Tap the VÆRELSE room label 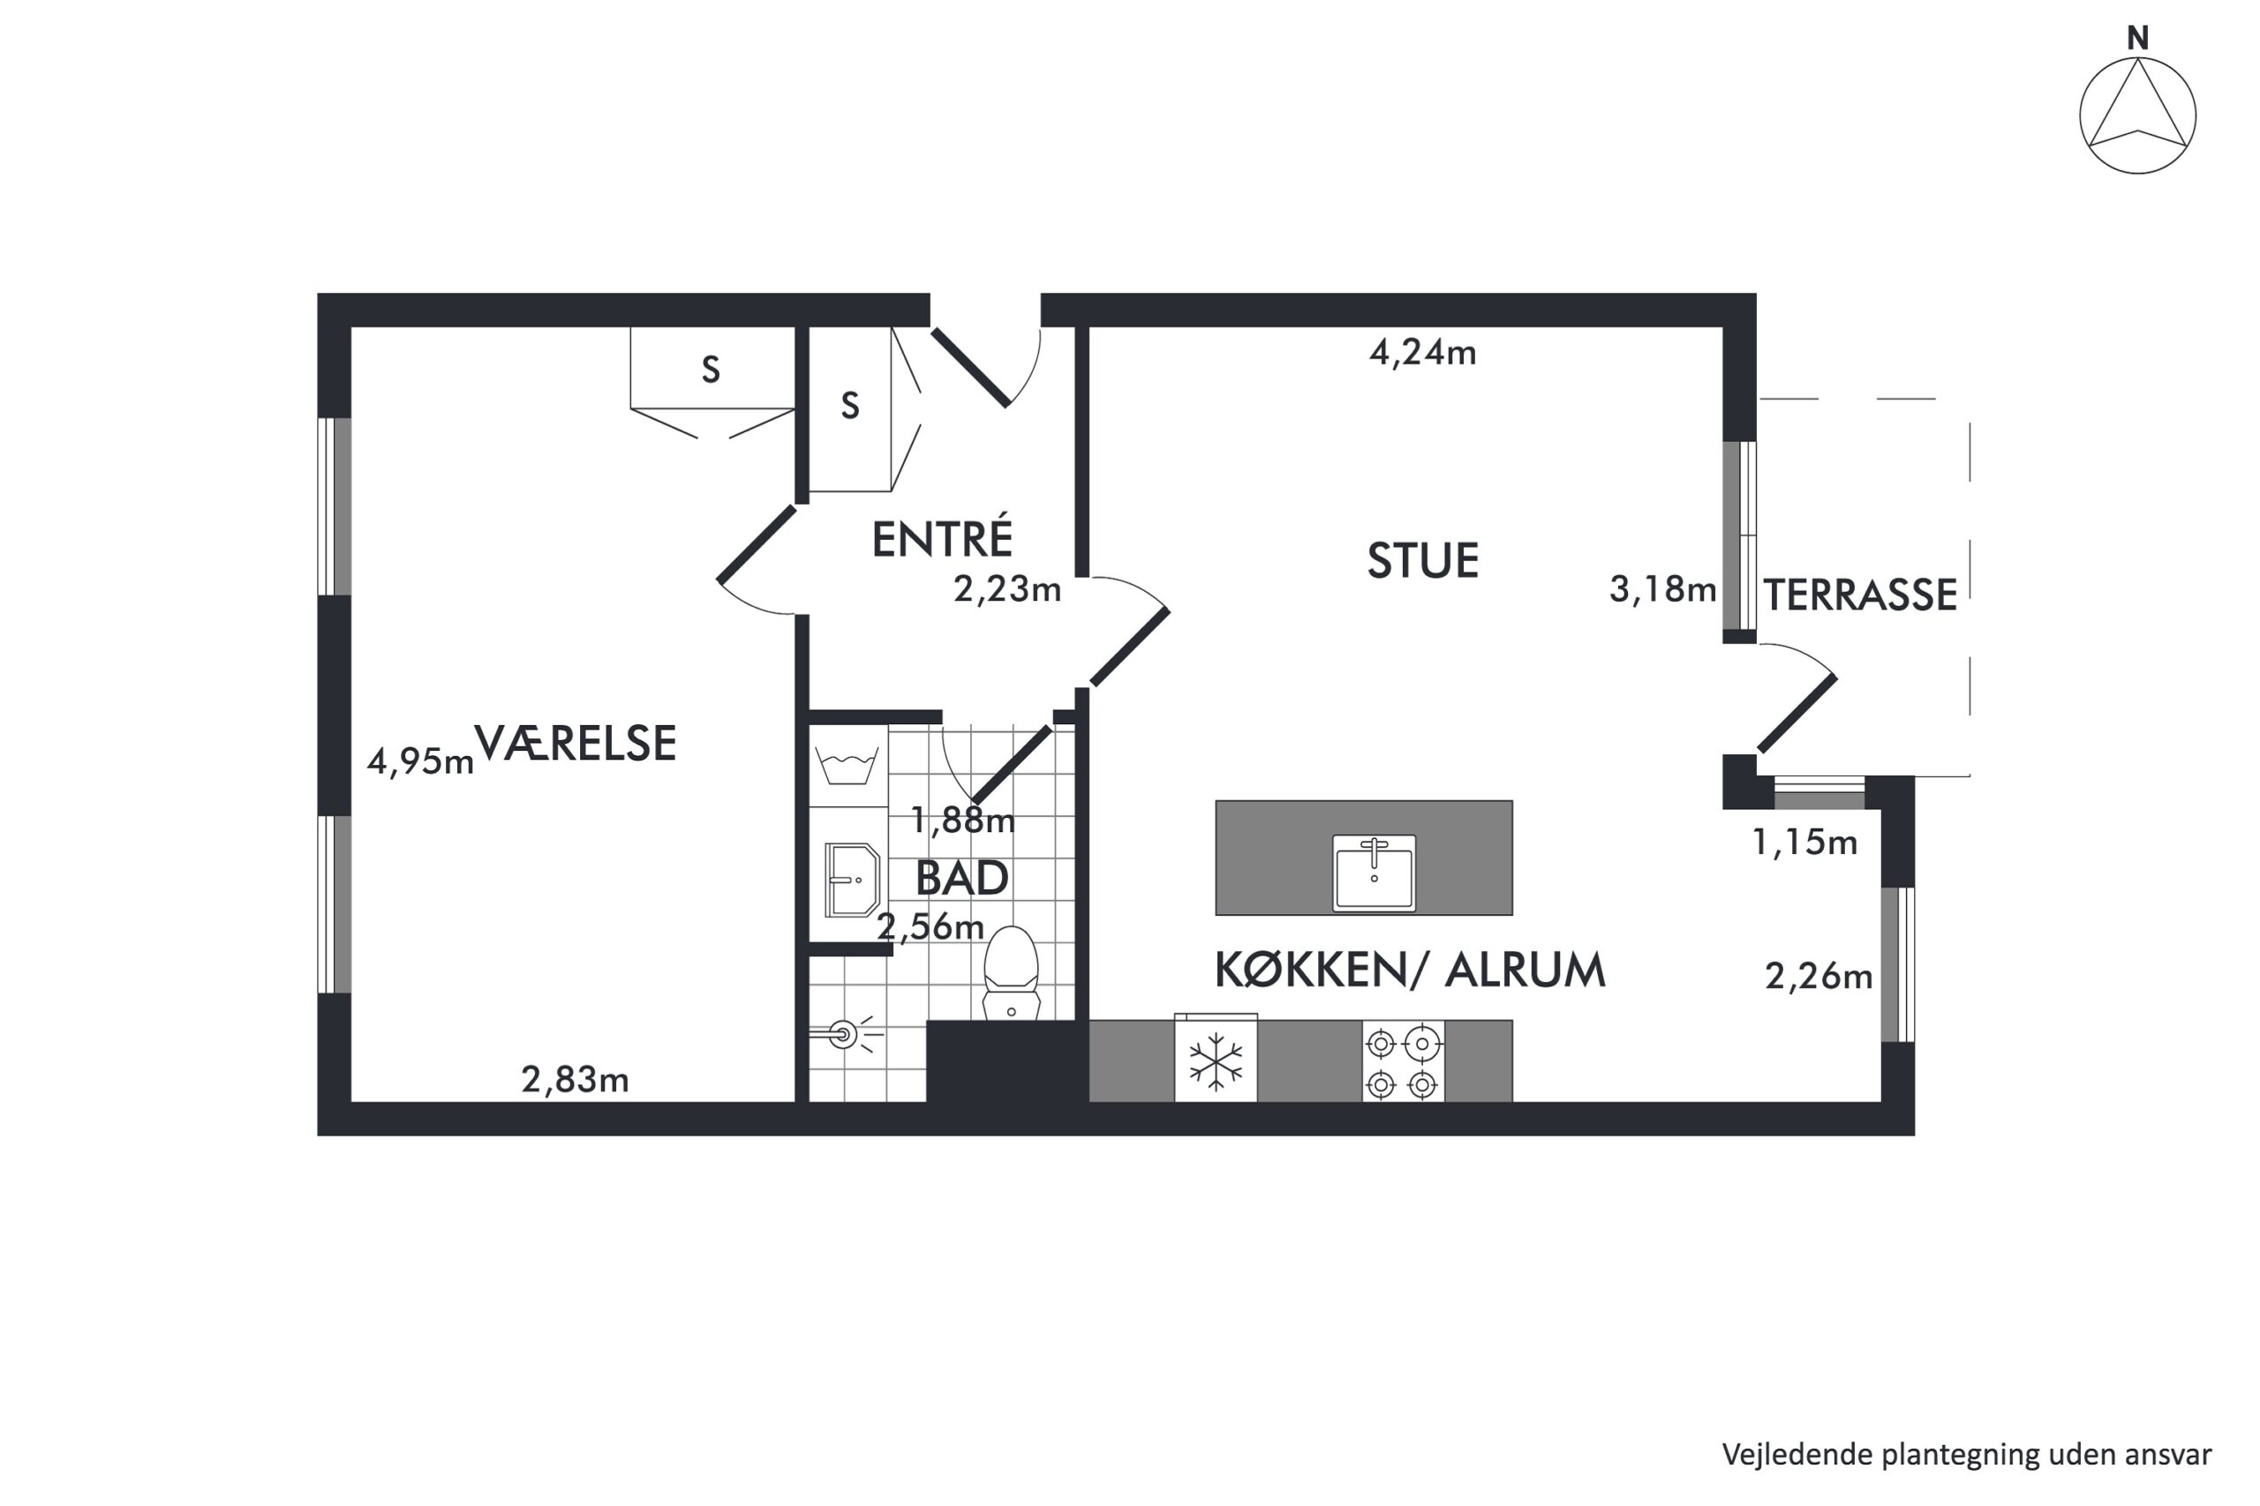[x=576, y=744]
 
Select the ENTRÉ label [x=942, y=538]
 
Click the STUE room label [x=1422, y=561]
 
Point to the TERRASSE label [x=1860, y=596]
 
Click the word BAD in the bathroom [x=962, y=878]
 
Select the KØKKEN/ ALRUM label [x=1410, y=970]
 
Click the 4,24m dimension [x=1422, y=354]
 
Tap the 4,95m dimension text [x=421, y=761]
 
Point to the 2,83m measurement [x=575, y=1081]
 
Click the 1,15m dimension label [x=1804, y=843]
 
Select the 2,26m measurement [x=1819, y=977]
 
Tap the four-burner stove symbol [x=1402, y=1061]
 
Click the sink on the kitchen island [x=1374, y=872]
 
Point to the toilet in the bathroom [x=1011, y=973]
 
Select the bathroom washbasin [x=852, y=880]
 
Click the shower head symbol [x=845, y=1034]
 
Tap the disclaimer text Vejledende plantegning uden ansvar [x=1966, y=1454]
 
